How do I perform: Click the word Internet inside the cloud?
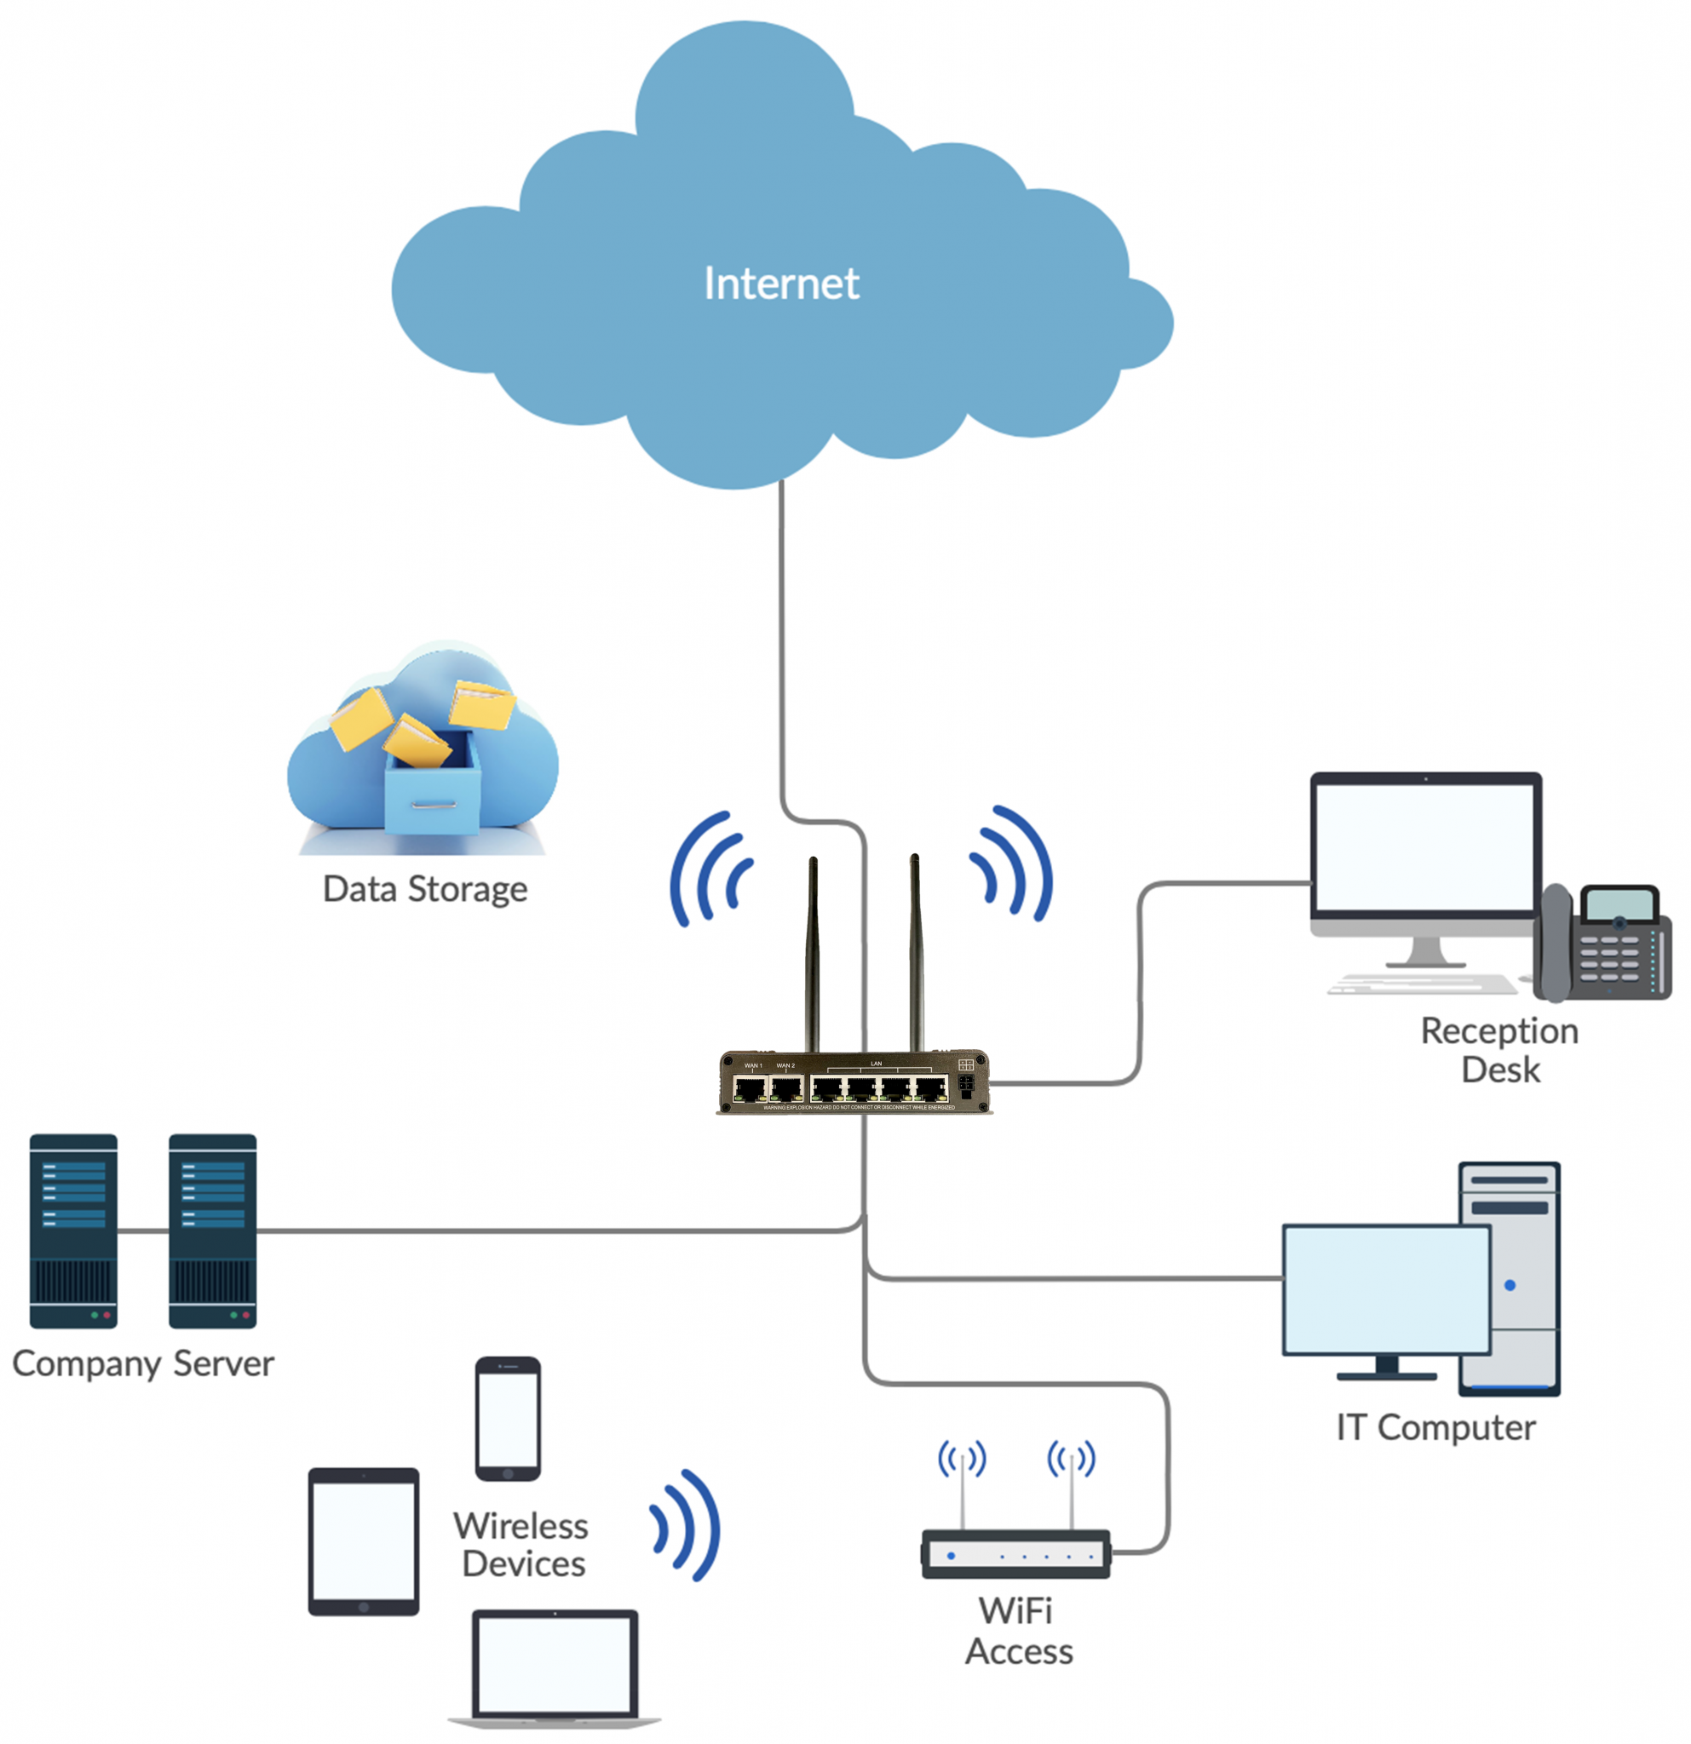pyautogui.click(x=780, y=283)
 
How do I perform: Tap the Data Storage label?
pyautogui.click(x=424, y=889)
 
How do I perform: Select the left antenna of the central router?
pyautogui.click(x=813, y=952)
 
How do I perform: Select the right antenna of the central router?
pyautogui.click(x=915, y=952)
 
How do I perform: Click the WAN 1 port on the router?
pyautogui.click(x=751, y=1087)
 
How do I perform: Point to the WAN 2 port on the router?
pyautogui.click(x=785, y=1087)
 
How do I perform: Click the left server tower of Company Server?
pyautogui.click(x=73, y=1231)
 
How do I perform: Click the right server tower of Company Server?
pyautogui.click(x=213, y=1231)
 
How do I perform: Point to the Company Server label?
pyautogui.click(x=142, y=1363)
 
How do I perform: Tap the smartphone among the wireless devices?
pyautogui.click(x=508, y=1419)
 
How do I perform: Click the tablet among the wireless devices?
pyautogui.click(x=363, y=1541)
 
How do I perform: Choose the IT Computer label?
pyautogui.click(x=1435, y=1427)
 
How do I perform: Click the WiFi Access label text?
pyautogui.click(x=1018, y=1630)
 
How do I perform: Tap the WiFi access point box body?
pyautogui.click(x=1015, y=1554)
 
